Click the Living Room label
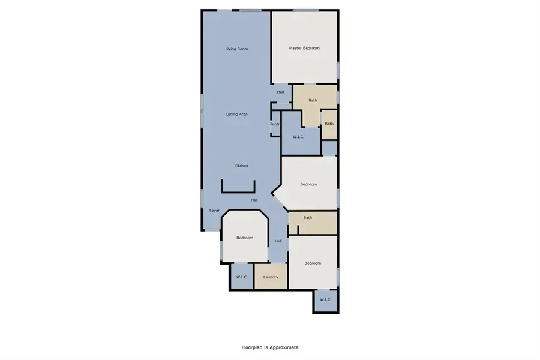(236, 49)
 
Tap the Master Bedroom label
(304, 48)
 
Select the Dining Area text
(236, 114)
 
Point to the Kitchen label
(241, 166)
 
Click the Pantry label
(275, 124)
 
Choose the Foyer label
(214, 211)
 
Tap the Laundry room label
(271, 277)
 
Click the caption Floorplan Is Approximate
(269, 347)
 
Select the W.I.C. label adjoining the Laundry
(242, 277)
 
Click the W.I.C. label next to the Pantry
(298, 137)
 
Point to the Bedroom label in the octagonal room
(245, 238)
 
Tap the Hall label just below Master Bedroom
(280, 92)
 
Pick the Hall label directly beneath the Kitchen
(254, 200)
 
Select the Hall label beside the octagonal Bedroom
(278, 241)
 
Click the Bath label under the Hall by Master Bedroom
(313, 100)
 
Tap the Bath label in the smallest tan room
(329, 124)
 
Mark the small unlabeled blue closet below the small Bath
(329, 148)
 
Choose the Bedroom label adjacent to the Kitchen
(308, 184)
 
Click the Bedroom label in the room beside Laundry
(313, 263)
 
